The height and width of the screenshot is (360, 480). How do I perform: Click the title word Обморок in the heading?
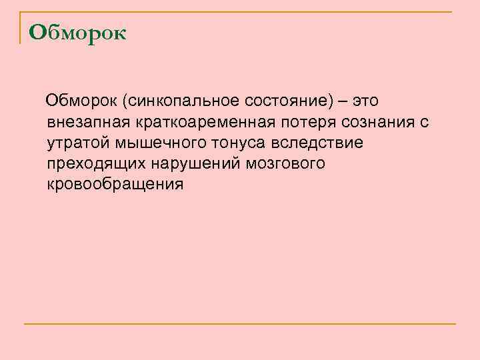78,32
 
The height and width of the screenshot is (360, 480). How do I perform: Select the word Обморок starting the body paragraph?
81,101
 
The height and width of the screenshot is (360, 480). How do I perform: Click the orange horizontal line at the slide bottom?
240,324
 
